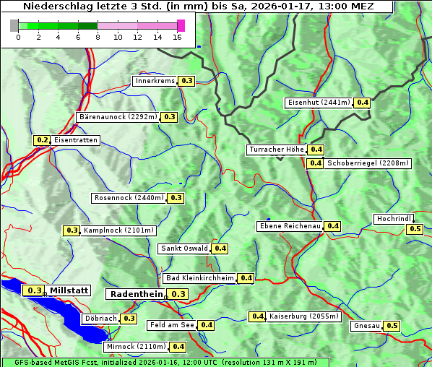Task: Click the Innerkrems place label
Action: (x=155, y=81)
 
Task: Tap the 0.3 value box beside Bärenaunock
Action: (x=170, y=116)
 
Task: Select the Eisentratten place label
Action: (x=75, y=140)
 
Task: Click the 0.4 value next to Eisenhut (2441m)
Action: (x=362, y=103)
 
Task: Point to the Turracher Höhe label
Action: (x=276, y=150)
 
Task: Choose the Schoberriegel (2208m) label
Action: (x=368, y=163)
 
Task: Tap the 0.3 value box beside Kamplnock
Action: (x=72, y=230)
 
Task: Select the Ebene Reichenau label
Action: (x=290, y=226)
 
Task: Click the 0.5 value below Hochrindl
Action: (x=415, y=229)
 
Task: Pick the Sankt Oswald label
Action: (x=184, y=249)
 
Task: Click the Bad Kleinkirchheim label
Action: (x=200, y=278)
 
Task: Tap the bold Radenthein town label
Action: (x=136, y=294)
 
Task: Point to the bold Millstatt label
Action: (x=69, y=290)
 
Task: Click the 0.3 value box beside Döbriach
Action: (x=129, y=318)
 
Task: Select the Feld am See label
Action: (x=172, y=325)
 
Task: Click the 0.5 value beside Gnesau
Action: (x=392, y=326)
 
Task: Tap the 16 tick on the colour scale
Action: (x=178, y=37)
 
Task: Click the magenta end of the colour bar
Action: (x=181, y=25)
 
